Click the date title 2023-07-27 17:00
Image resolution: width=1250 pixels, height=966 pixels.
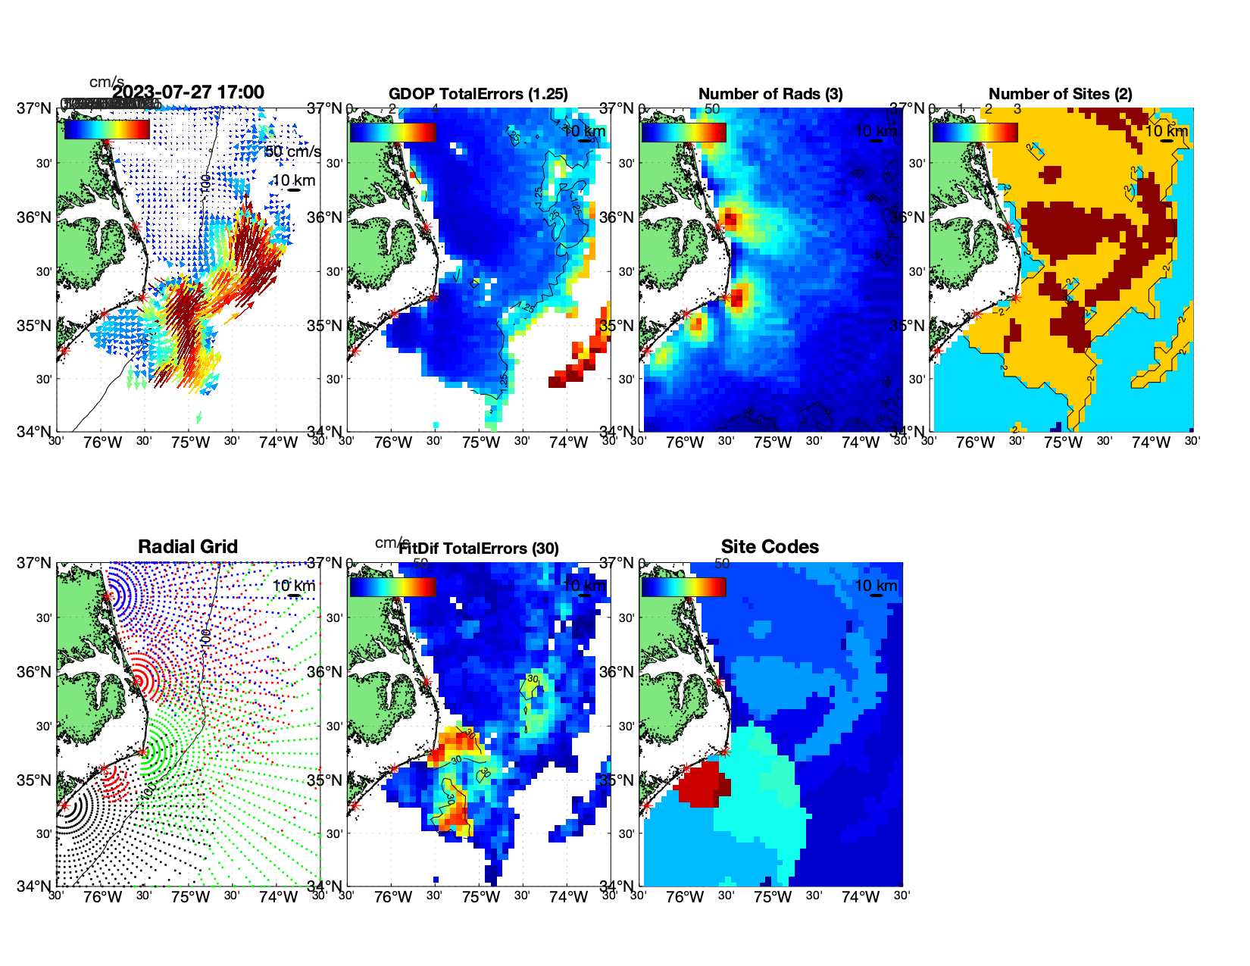(188, 92)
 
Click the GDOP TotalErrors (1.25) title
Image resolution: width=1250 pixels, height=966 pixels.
(478, 94)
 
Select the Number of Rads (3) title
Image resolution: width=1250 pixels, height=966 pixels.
(770, 94)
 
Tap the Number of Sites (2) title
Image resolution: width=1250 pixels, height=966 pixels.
(1060, 94)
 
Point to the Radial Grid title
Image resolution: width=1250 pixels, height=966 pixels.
(188, 547)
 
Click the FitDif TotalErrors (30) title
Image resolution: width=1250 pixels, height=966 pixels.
(479, 549)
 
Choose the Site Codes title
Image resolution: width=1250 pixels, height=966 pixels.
(770, 547)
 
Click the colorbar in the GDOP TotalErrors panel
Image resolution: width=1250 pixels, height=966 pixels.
(392, 132)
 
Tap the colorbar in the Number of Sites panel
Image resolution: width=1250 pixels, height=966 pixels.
(975, 132)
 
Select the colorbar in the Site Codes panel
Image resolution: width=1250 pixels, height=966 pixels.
(683, 586)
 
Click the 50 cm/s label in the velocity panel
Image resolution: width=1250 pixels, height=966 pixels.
(293, 152)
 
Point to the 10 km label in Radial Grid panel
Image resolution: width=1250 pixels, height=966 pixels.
(294, 586)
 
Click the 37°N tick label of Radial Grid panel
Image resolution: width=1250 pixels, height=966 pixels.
(34, 563)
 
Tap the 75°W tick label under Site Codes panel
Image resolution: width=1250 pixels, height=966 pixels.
(773, 897)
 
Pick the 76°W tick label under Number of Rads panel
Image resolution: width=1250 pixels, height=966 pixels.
(685, 442)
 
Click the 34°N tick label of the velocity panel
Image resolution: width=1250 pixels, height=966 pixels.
(34, 432)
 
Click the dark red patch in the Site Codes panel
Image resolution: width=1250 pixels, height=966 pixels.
(701, 784)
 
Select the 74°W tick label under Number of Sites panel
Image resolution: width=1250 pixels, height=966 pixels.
(1151, 442)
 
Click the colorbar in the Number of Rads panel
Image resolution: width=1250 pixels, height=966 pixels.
(683, 132)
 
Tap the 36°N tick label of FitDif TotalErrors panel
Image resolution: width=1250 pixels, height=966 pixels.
(325, 672)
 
